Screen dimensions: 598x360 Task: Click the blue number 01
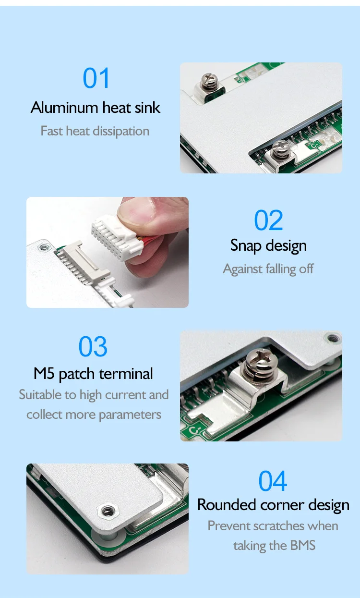pos(96,78)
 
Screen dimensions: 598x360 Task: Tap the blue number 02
pos(268,221)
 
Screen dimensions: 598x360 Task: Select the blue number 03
pos(93,347)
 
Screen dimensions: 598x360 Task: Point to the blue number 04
pos(273,481)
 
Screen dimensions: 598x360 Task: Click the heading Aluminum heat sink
pos(95,107)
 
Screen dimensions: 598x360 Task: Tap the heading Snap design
pos(268,245)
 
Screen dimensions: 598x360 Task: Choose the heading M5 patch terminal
pos(93,374)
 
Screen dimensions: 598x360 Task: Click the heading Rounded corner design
pos(273,505)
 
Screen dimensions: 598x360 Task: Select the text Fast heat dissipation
pos(95,131)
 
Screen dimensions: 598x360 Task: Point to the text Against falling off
pos(268,269)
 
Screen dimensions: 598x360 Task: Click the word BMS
pos(302,546)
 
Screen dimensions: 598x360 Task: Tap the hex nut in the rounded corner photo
pos(106,512)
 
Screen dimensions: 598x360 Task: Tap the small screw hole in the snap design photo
pos(45,247)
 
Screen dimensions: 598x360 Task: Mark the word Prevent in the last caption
pos(228,526)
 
